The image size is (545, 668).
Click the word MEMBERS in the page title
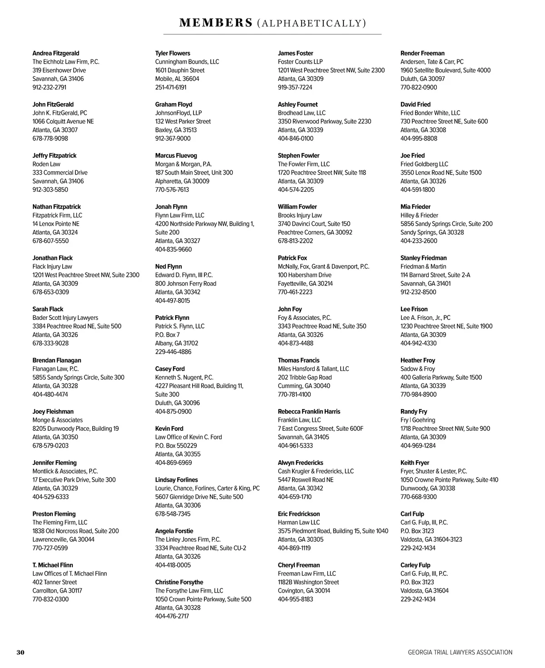pyautogui.click(x=216, y=23)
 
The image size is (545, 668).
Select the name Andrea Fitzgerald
pyautogui.click(x=56, y=53)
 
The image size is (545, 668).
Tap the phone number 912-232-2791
pyautogui.click(x=49, y=87)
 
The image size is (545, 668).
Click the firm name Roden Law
pyautogui.click(x=46, y=164)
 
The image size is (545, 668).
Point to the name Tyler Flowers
pyautogui.click(x=173, y=53)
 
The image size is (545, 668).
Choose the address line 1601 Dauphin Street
pyautogui.click(x=180, y=70)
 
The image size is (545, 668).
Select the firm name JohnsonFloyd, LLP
pyautogui.click(x=178, y=113)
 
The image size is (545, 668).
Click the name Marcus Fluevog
pyautogui.click(x=176, y=155)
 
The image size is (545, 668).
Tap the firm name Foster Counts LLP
pyautogui.click(x=300, y=61)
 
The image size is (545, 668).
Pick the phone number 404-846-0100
pyautogui.click(x=296, y=138)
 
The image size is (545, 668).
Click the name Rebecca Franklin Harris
pyautogui.click(x=309, y=411)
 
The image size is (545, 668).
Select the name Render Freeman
pyautogui.click(x=422, y=53)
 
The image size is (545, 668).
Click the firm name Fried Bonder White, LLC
pyautogui.click(x=430, y=113)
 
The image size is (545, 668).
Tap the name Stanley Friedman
pyautogui.click(x=423, y=258)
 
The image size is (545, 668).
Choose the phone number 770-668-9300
pyautogui.click(x=418, y=497)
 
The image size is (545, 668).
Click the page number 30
pyautogui.click(x=20, y=652)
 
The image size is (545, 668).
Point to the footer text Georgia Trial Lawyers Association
pyautogui.click(x=460, y=652)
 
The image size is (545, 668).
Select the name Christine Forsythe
pyautogui.click(x=179, y=582)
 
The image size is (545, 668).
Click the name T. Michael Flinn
pyautogui.click(x=53, y=565)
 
